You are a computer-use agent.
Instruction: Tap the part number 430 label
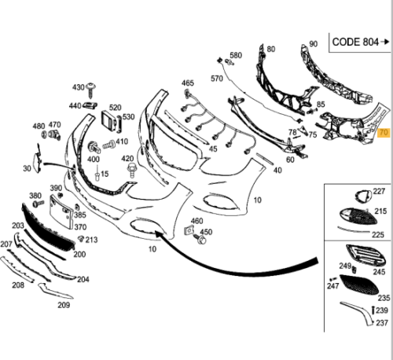[79, 86]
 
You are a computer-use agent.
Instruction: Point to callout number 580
[236, 56]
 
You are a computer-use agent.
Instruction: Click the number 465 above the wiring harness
[187, 83]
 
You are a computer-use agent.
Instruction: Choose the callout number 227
[379, 191]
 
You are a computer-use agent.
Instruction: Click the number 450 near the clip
[207, 232]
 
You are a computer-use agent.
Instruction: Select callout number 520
[115, 108]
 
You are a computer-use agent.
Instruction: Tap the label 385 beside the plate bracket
[80, 214]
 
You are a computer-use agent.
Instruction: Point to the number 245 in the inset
[380, 272]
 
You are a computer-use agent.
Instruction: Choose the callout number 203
[17, 226]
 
